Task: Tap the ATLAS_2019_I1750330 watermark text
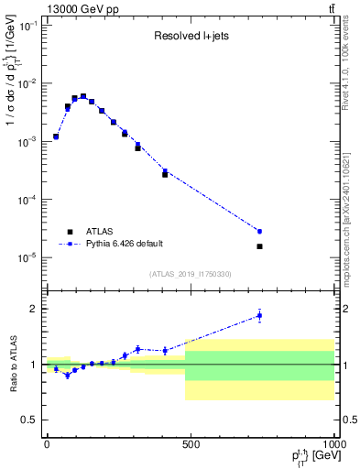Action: (190, 274)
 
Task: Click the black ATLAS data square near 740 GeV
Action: (259, 246)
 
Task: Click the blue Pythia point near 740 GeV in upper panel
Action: (259, 231)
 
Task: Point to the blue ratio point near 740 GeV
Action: (259, 315)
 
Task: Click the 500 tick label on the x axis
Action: (190, 444)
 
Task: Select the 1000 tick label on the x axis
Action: (333, 444)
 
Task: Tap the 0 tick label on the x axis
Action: (47, 444)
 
